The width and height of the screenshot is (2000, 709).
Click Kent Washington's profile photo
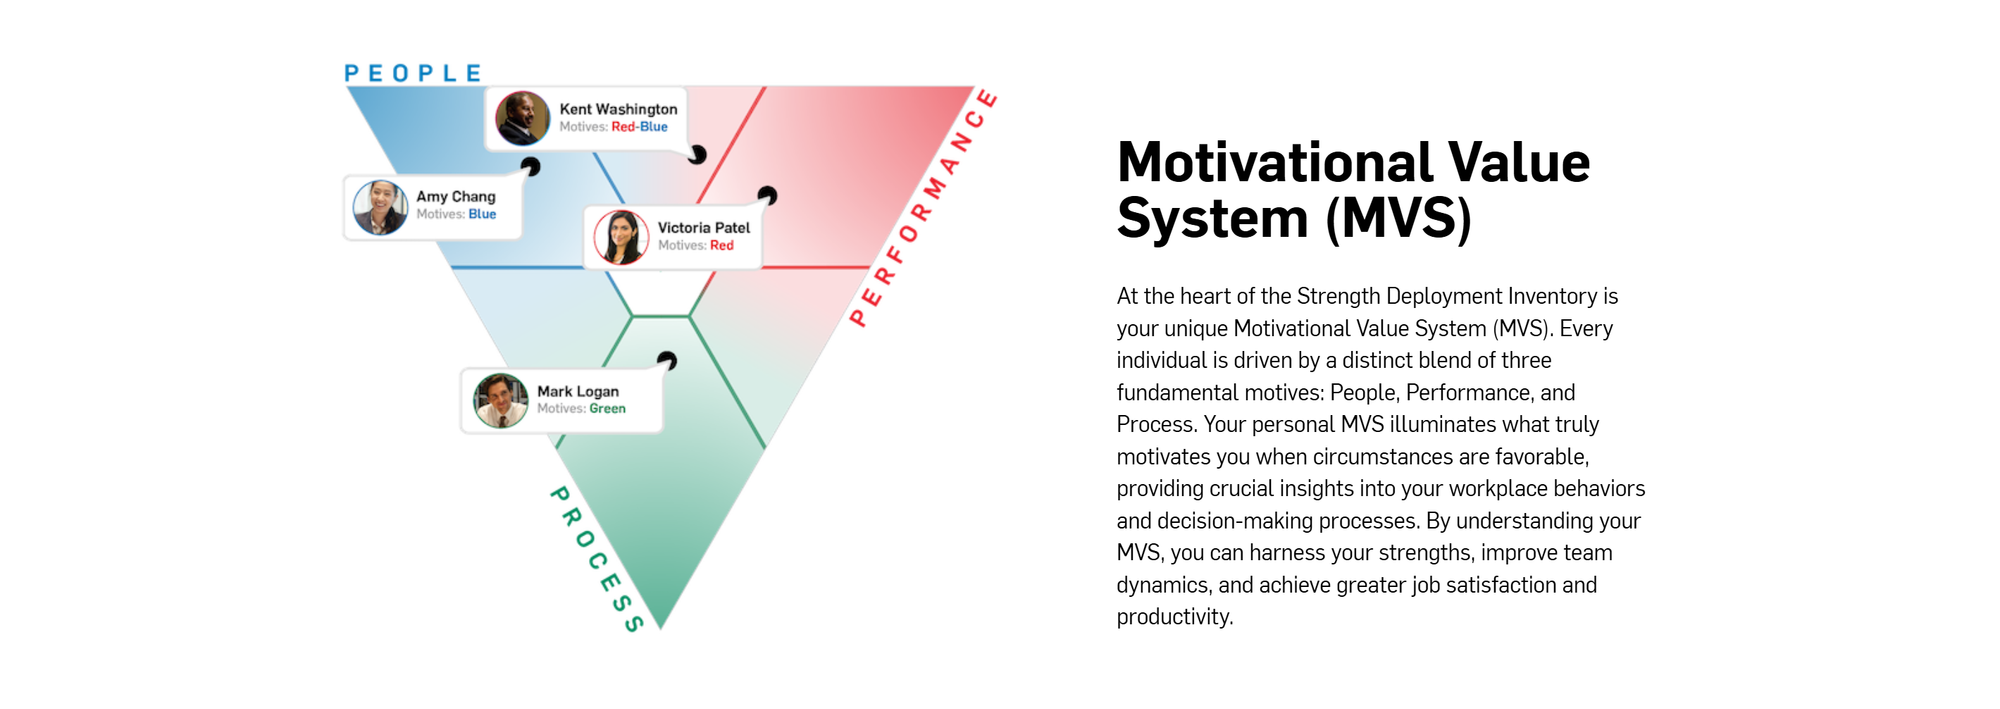click(523, 118)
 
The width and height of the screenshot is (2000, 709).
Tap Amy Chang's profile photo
click(381, 208)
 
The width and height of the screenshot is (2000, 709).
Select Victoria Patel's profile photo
click(622, 237)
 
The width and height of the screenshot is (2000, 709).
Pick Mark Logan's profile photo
click(501, 401)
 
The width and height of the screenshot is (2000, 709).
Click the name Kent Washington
click(618, 109)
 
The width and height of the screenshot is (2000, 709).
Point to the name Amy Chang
click(456, 197)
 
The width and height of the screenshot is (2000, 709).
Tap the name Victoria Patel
click(704, 228)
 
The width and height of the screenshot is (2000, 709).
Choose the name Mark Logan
click(578, 391)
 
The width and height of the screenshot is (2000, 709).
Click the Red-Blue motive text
click(639, 127)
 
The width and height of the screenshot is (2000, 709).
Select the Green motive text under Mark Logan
click(607, 409)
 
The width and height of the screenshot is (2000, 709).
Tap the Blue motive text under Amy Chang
click(482, 214)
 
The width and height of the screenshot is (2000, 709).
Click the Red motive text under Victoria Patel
click(722, 245)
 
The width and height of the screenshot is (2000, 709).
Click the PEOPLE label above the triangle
click(412, 73)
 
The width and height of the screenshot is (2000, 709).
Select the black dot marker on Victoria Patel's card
click(767, 195)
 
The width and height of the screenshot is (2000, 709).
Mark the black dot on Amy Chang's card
click(530, 167)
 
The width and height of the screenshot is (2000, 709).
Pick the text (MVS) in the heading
click(1399, 219)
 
